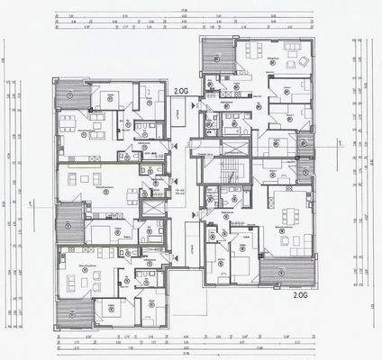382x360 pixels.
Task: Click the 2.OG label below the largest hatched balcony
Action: tap(300, 292)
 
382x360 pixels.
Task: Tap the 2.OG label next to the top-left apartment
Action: tap(182, 91)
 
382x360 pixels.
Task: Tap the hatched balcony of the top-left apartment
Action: tap(68, 94)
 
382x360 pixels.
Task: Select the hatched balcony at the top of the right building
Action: tap(217, 56)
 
